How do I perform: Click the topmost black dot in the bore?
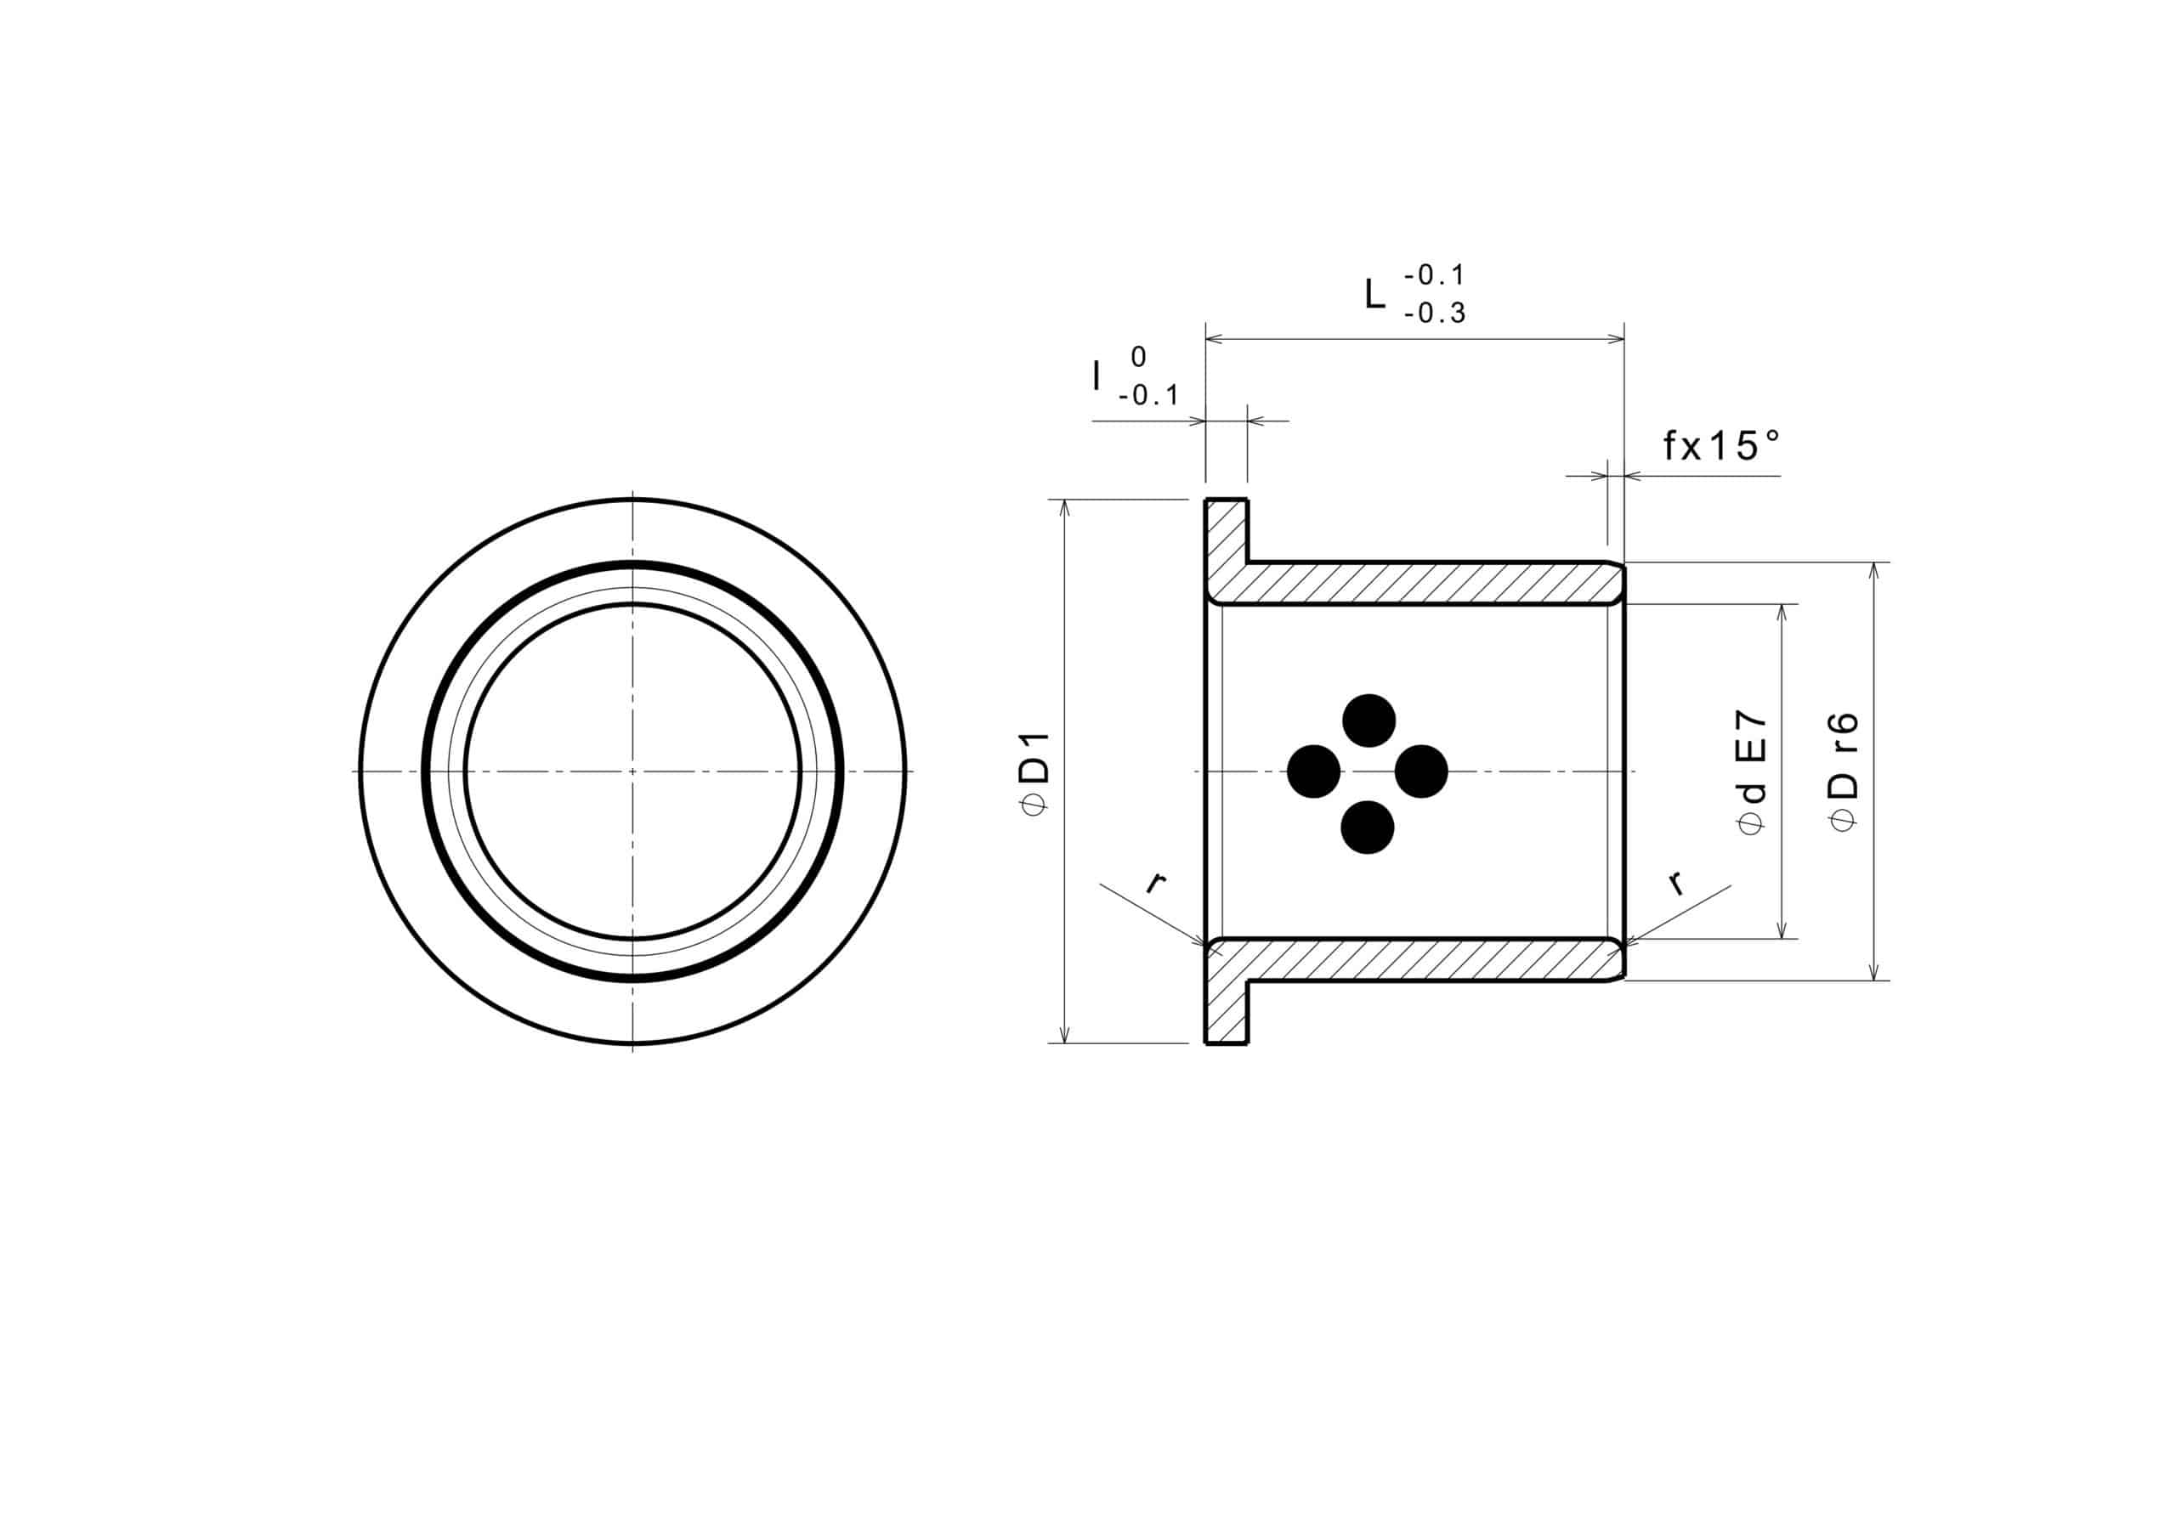pos(1368,720)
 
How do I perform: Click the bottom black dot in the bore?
pos(1368,828)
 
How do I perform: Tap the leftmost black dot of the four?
pos(1313,771)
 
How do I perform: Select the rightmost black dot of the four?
pos(1421,771)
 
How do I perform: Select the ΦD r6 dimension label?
pos(1844,771)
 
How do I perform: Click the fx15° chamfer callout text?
pos(1721,445)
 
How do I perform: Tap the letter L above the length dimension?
pos(1374,295)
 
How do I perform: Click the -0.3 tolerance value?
pos(1435,314)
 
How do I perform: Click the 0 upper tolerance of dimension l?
pos(1138,357)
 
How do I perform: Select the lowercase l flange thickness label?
pos(1097,377)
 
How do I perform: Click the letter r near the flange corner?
pos(1153,883)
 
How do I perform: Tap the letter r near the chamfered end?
pos(1675,883)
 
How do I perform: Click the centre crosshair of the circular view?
pos(633,771)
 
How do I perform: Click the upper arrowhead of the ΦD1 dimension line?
pos(1064,506)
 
